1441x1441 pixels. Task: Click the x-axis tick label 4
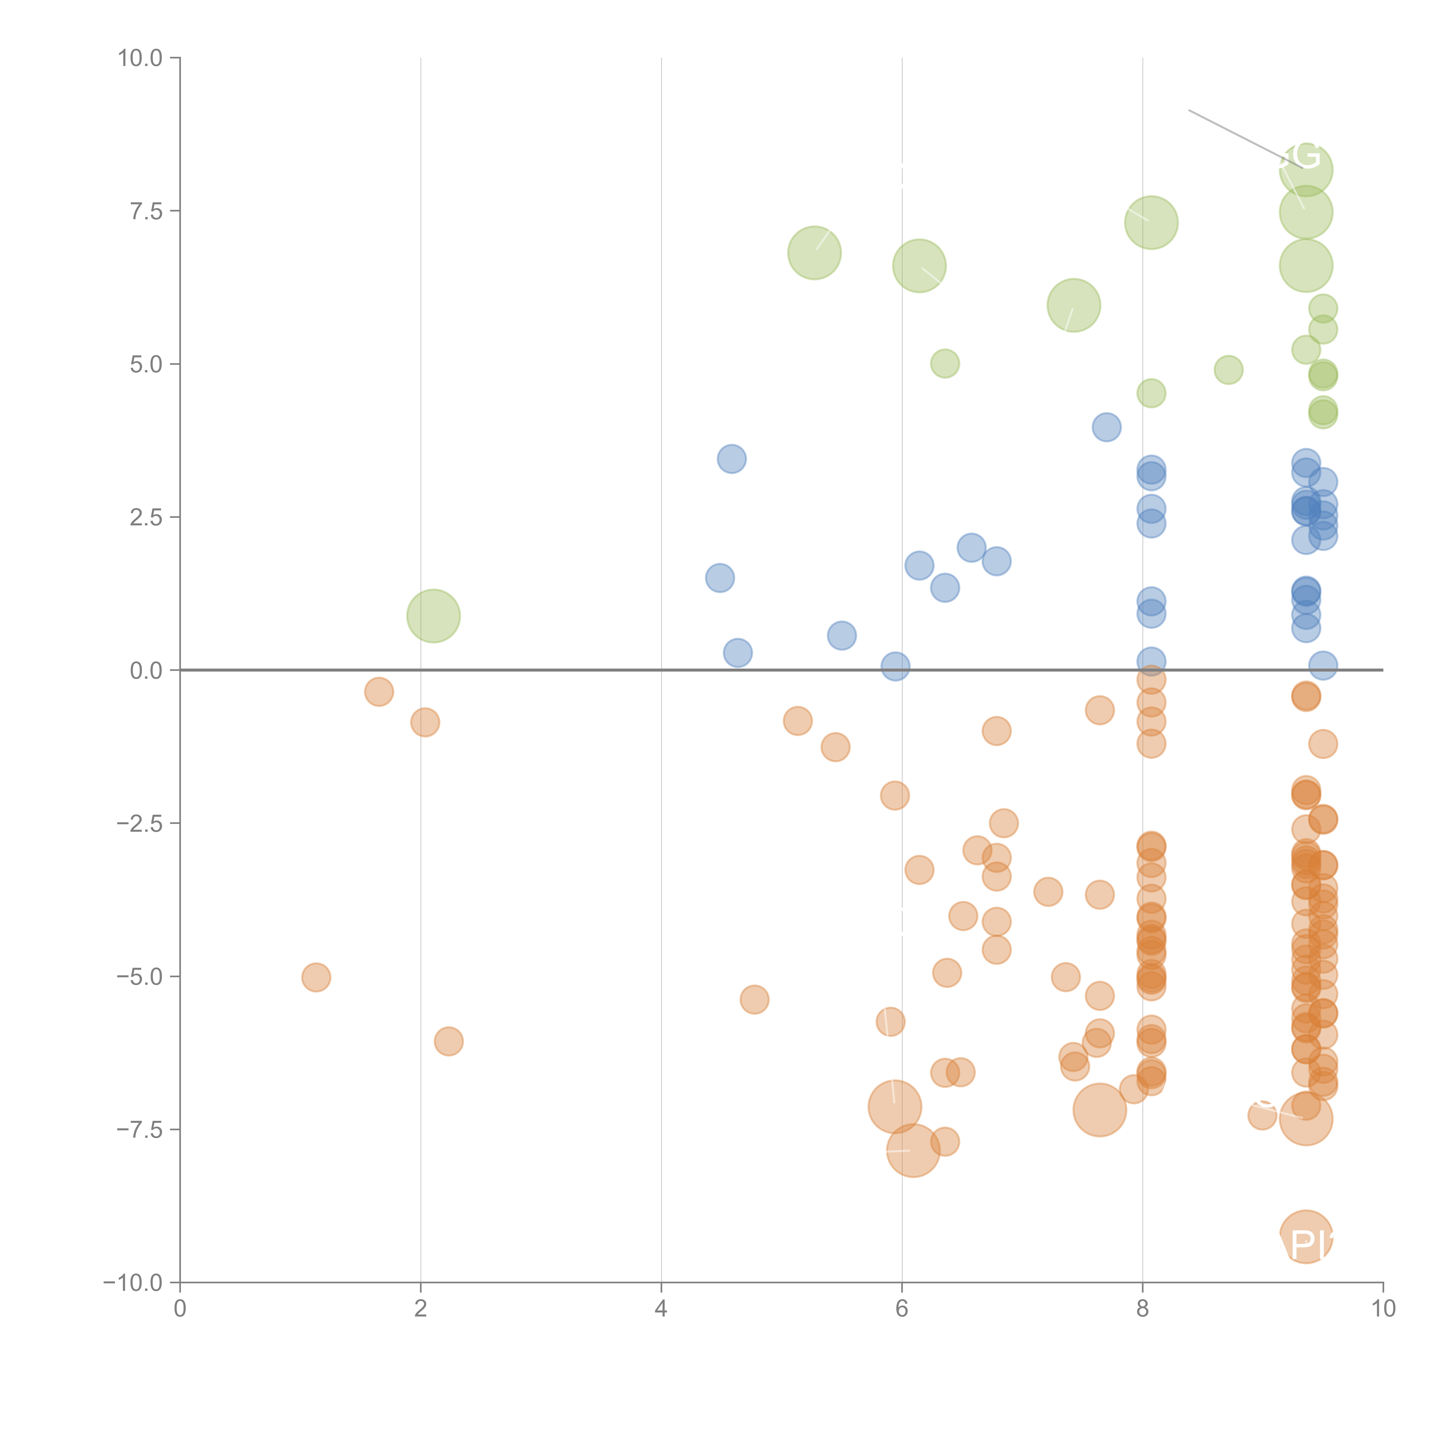coord(661,1309)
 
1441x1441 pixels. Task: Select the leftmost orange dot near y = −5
coord(316,977)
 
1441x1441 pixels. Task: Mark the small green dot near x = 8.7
coord(1228,369)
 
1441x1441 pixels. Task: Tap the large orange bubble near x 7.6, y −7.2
coord(1099,1110)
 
